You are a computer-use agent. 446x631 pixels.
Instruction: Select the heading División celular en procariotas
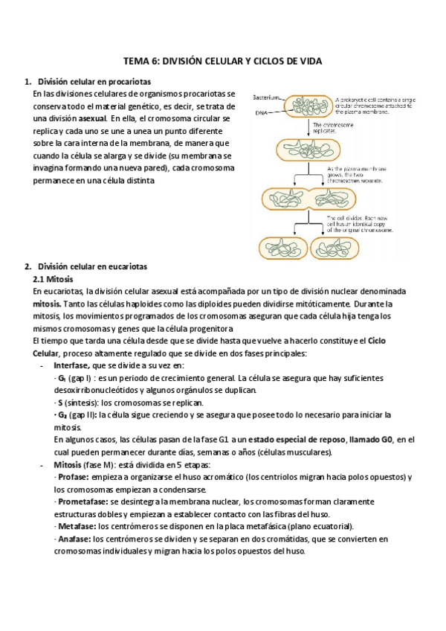point(94,82)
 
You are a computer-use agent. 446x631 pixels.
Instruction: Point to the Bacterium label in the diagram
point(266,97)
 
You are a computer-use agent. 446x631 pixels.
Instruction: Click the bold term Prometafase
point(83,502)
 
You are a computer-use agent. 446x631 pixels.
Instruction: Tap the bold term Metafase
point(76,526)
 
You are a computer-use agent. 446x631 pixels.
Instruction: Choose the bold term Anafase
point(74,539)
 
